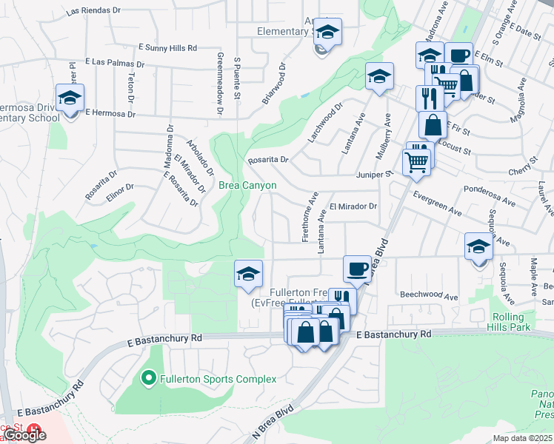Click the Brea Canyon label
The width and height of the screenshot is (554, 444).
(247, 186)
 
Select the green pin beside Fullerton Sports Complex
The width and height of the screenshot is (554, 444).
(148, 380)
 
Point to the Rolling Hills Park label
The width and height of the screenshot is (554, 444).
(512, 321)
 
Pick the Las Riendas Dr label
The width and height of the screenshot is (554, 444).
(93, 12)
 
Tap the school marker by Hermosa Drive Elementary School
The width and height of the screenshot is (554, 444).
(70, 98)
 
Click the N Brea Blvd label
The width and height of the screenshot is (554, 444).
(273, 420)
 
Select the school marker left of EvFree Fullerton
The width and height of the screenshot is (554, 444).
(248, 275)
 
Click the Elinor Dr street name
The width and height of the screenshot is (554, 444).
(120, 191)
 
